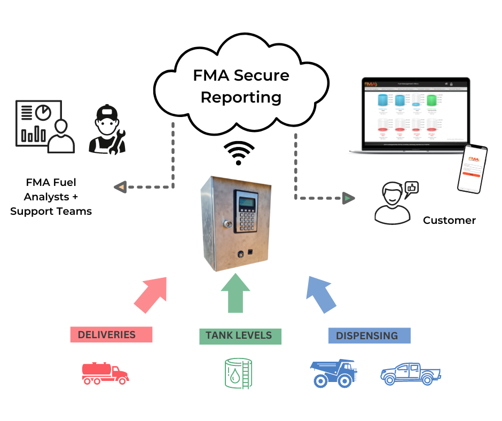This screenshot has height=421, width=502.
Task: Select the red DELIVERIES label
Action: [x=111, y=335]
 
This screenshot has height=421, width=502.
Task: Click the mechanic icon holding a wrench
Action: [x=107, y=130]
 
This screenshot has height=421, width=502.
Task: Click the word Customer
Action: [x=449, y=220]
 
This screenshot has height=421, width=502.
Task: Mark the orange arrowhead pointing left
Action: [x=121, y=187]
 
